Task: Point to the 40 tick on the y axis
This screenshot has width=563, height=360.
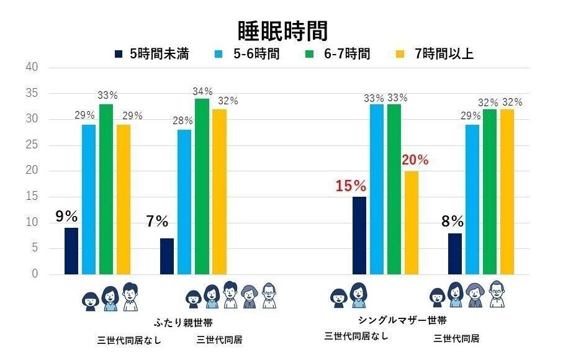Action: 32,67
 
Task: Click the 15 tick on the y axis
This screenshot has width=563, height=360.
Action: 32,197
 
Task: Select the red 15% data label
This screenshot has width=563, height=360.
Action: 351,185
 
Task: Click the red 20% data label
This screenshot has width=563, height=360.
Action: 416,160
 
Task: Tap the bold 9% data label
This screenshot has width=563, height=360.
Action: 66,217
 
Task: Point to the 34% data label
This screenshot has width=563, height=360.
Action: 202,91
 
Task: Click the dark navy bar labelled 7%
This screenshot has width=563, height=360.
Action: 167,256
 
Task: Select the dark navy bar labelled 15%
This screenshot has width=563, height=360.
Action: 359,235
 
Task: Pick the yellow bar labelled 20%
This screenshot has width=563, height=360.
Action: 412,222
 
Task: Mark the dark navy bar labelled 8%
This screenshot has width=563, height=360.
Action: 455,253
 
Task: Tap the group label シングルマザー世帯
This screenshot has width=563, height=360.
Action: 402,321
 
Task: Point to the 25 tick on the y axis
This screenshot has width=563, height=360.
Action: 32,145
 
